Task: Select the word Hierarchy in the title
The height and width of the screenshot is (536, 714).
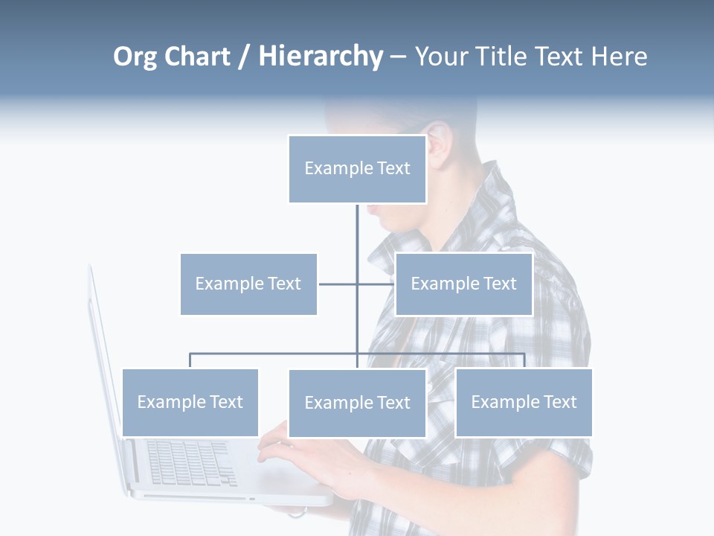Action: pyautogui.click(x=321, y=57)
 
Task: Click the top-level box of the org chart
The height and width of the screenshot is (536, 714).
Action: pyautogui.click(x=357, y=169)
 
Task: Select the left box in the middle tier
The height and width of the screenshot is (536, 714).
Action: pyautogui.click(x=248, y=284)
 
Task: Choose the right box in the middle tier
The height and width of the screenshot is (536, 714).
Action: pyautogui.click(x=463, y=284)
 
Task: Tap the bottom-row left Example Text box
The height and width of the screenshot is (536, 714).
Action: pyautogui.click(x=190, y=402)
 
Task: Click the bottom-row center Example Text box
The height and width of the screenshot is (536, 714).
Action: pyautogui.click(x=357, y=403)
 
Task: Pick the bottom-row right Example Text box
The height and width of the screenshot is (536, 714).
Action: pyautogui.click(x=524, y=402)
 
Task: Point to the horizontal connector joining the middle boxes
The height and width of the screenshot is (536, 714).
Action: pyautogui.click(x=338, y=284)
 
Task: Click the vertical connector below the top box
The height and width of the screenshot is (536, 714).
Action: pyautogui.click(x=357, y=231)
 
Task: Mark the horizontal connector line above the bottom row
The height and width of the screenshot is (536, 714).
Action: pyautogui.click(x=275, y=354)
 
